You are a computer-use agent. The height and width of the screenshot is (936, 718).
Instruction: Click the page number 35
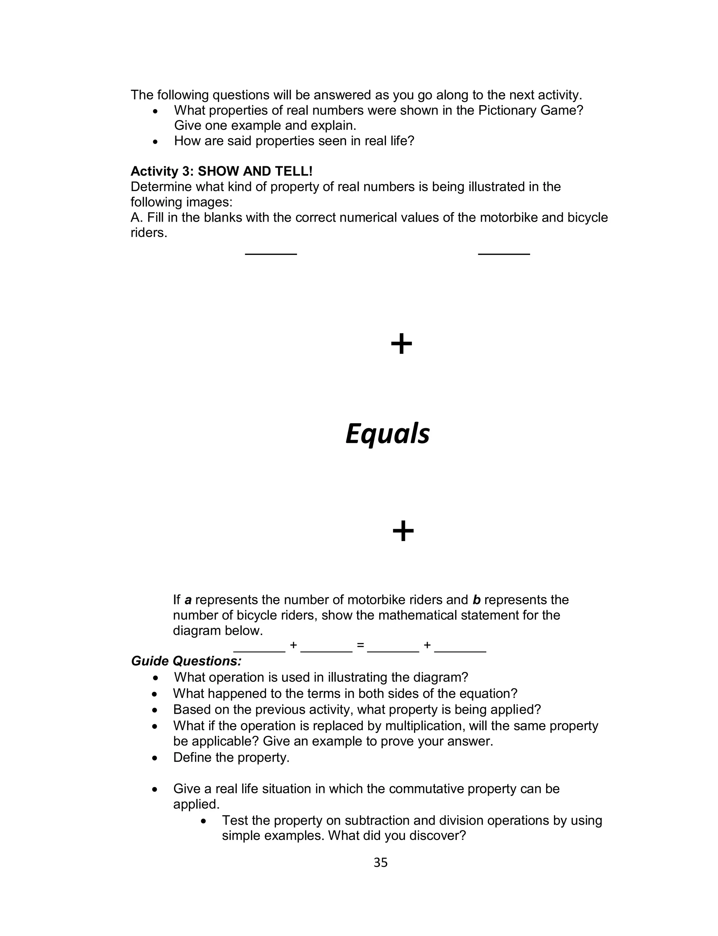coord(380,862)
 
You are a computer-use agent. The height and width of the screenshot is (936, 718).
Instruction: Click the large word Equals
coord(387,433)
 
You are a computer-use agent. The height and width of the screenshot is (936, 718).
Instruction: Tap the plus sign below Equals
coord(403,531)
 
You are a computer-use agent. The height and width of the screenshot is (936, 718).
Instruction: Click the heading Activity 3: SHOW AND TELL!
coord(221,171)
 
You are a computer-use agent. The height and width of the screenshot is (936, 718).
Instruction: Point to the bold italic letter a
coord(188,600)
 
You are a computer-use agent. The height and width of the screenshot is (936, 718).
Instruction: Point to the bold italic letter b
coord(476,600)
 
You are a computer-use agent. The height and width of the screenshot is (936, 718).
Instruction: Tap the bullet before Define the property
coord(155,758)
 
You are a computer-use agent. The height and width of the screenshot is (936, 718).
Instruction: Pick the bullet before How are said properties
coord(155,141)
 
